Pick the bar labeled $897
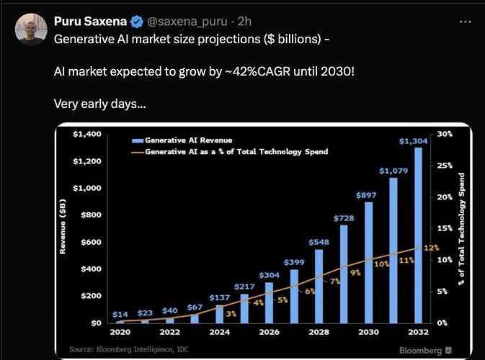(368, 262)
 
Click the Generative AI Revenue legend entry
(189, 140)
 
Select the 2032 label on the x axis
(418, 333)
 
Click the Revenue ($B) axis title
(63, 228)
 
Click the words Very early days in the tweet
(100, 104)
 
